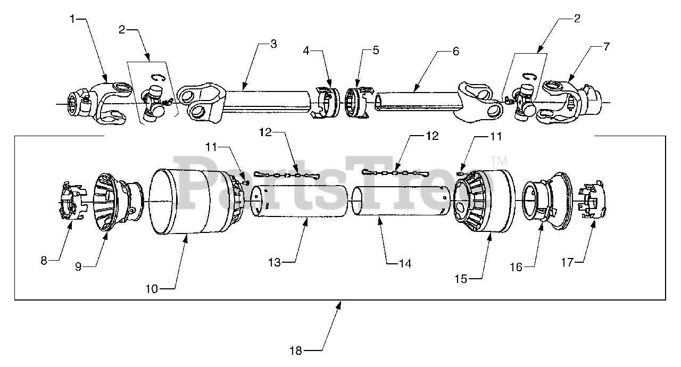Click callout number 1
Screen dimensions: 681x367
pos(72,19)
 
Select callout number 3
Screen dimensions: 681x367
pos(273,44)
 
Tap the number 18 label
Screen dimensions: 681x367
pos(295,351)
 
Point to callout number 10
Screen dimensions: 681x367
pos(152,289)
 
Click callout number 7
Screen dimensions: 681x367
pos(607,46)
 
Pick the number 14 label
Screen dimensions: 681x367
pos(405,263)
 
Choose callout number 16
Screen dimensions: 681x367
pos(516,268)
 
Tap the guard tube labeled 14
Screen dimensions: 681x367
pos(401,201)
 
